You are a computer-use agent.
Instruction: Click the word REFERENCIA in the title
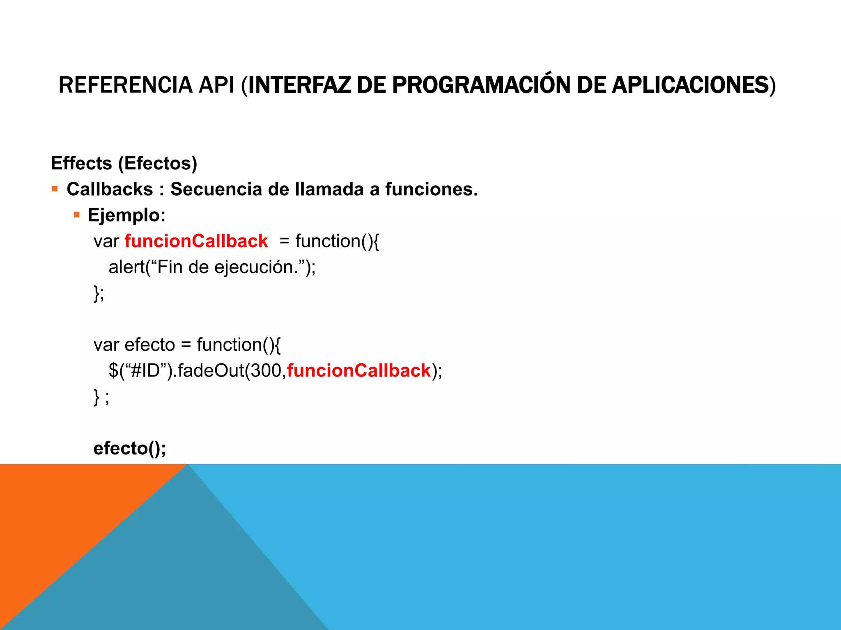click(125, 85)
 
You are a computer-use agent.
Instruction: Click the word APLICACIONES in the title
click(690, 85)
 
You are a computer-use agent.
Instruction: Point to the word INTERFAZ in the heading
click(300, 85)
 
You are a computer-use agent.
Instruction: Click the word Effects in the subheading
click(81, 163)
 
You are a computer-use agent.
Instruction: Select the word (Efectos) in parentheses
click(158, 163)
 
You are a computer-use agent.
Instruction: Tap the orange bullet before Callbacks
click(55, 189)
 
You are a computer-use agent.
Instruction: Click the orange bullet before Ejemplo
click(76, 215)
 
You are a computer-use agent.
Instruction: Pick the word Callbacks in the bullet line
click(110, 189)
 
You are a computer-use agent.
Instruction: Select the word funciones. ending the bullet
click(431, 189)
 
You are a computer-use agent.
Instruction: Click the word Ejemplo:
click(126, 215)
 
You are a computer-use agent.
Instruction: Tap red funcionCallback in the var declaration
click(196, 241)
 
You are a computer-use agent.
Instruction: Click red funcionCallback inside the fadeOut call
click(359, 370)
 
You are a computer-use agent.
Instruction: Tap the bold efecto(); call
click(130, 448)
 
